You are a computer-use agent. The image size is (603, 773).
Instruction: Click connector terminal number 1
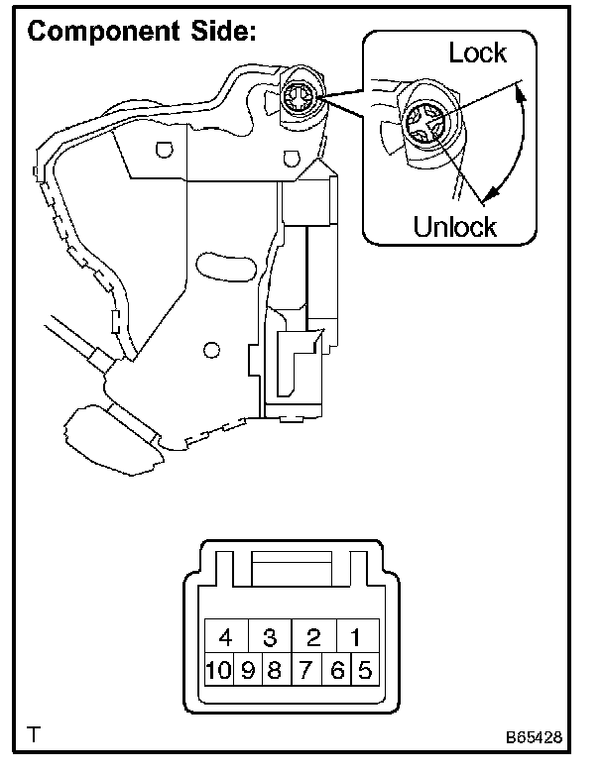click(x=356, y=637)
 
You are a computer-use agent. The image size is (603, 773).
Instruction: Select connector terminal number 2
click(x=312, y=637)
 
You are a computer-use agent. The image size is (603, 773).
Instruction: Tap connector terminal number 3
click(x=269, y=637)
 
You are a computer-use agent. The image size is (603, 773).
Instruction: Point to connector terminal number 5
click(x=364, y=670)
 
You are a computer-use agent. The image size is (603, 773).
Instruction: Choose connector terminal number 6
click(x=337, y=670)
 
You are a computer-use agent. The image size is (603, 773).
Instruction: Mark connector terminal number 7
click(x=307, y=670)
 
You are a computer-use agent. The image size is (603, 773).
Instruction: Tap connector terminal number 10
click(x=218, y=670)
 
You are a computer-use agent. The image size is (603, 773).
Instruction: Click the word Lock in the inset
click(x=477, y=54)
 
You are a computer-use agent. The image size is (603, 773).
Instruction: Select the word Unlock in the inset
click(x=454, y=226)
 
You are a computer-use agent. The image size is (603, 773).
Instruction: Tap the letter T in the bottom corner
click(x=36, y=735)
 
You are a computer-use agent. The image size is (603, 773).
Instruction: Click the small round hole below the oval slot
click(x=209, y=350)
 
